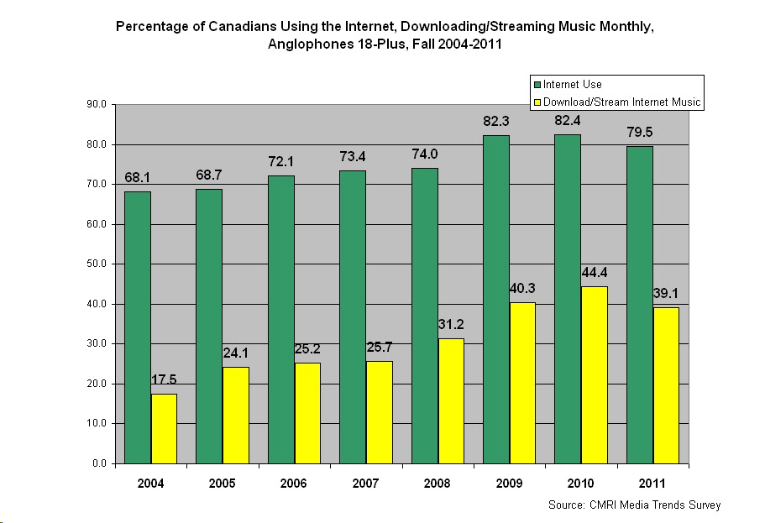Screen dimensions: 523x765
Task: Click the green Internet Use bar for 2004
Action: coord(138,327)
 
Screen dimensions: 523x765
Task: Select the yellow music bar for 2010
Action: coord(594,374)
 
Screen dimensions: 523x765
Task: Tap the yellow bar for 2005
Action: coord(236,415)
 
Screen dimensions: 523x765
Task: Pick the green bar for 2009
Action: coord(496,299)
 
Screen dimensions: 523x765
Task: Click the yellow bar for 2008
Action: coord(451,400)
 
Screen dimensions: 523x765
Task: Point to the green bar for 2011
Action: coord(639,305)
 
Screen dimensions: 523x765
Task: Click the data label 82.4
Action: coord(568,121)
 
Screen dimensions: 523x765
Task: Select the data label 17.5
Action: coord(165,380)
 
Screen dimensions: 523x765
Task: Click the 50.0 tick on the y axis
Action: coord(97,264)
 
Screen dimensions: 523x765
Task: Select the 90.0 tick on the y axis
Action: coord(97,105)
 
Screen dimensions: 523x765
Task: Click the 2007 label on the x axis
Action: coord(365,484)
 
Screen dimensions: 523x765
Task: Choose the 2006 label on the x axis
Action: coord(294,484)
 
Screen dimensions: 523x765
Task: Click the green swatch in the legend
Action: coord(537,85)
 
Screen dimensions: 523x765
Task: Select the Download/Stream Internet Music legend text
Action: coord(621,102)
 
